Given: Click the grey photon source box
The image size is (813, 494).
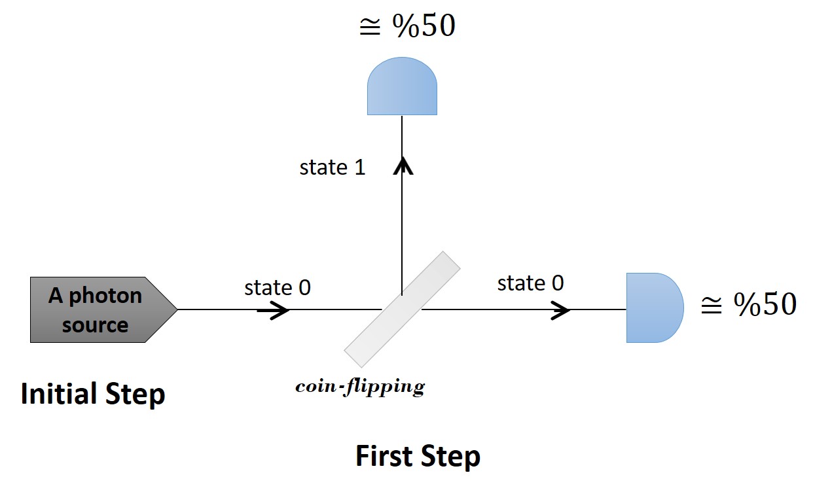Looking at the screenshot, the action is click(103, 309).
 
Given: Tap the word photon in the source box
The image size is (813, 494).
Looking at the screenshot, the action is click(105, 296).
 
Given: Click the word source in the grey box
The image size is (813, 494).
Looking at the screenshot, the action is click(95, 325).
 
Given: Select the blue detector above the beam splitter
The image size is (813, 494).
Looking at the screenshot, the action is click(402, 86).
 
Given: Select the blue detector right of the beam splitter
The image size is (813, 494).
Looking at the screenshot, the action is click(655, 308).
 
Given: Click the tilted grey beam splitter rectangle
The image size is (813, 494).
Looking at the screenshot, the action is click(402, 309).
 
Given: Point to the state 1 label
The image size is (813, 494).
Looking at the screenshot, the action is click(332, 168).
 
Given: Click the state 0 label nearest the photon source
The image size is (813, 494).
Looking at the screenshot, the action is click(278, 288).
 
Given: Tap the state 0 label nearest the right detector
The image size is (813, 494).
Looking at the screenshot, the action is click(530, 283).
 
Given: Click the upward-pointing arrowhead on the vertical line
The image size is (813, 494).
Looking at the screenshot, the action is click(403, 166).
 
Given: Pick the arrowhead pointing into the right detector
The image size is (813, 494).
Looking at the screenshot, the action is click(561, 310).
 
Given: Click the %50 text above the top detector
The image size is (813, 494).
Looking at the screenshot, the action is click(424, 26).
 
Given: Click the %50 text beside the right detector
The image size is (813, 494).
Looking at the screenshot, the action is click(765, 304).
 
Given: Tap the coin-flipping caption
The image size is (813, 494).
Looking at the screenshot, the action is click(360, 387).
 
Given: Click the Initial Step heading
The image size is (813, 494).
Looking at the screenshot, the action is click(93, 395).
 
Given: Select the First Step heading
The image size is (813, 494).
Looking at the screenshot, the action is click(418, 457).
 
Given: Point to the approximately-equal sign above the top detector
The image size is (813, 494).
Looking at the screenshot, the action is click(370, 27).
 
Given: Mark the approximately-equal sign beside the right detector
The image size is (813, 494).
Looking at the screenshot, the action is click(712, 306).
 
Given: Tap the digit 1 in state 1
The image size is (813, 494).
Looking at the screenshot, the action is click(359, 168).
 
